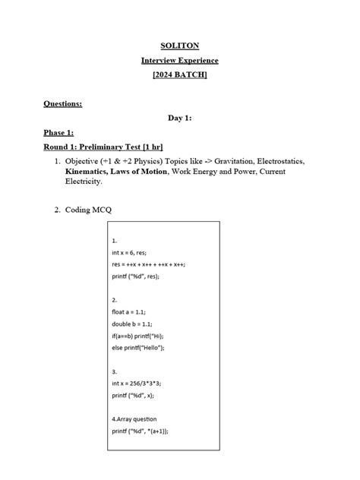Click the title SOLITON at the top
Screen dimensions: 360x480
pos(180,46)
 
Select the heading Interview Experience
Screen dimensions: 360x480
pos(180,60)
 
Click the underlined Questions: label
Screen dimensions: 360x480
pos(63,103)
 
